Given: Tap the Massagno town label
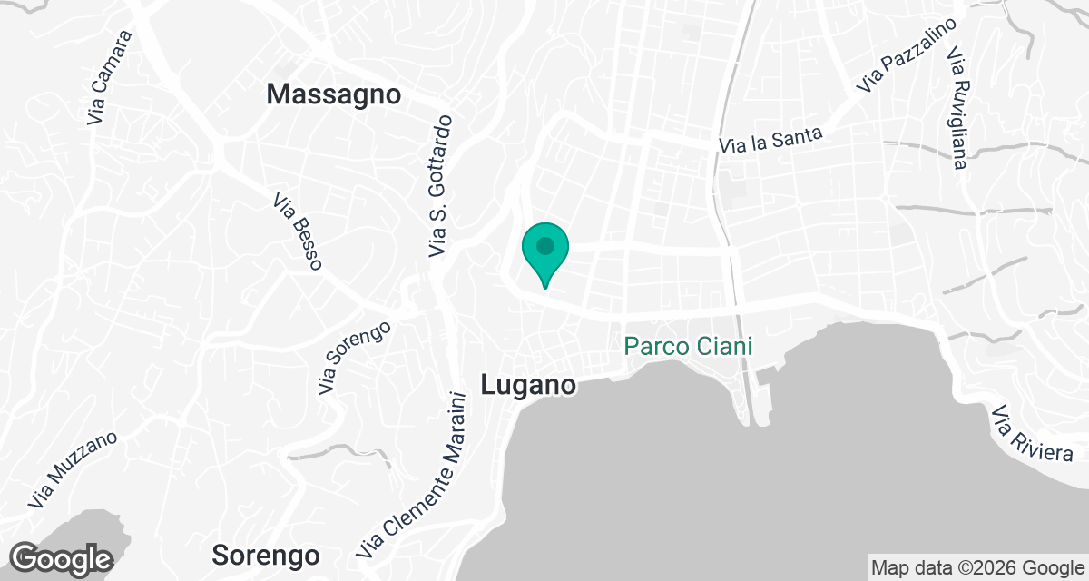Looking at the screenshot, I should [x=334, y=94].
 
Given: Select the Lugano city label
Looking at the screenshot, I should [x=528, y=385].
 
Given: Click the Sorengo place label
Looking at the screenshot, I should [x=266, y=555].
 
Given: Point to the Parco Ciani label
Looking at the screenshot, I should [x=691, y=346].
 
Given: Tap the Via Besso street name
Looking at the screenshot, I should [x=298, y=231].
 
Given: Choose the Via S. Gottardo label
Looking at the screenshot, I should [x=440, y=185].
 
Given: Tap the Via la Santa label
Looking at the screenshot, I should [x=770, y=140].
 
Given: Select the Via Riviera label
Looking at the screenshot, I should [x=1032, y=435].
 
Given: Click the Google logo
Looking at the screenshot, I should [x=62, y=558].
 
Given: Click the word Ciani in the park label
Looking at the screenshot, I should [x=726, y=346].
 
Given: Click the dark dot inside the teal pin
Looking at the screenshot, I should [x=544, y=246].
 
